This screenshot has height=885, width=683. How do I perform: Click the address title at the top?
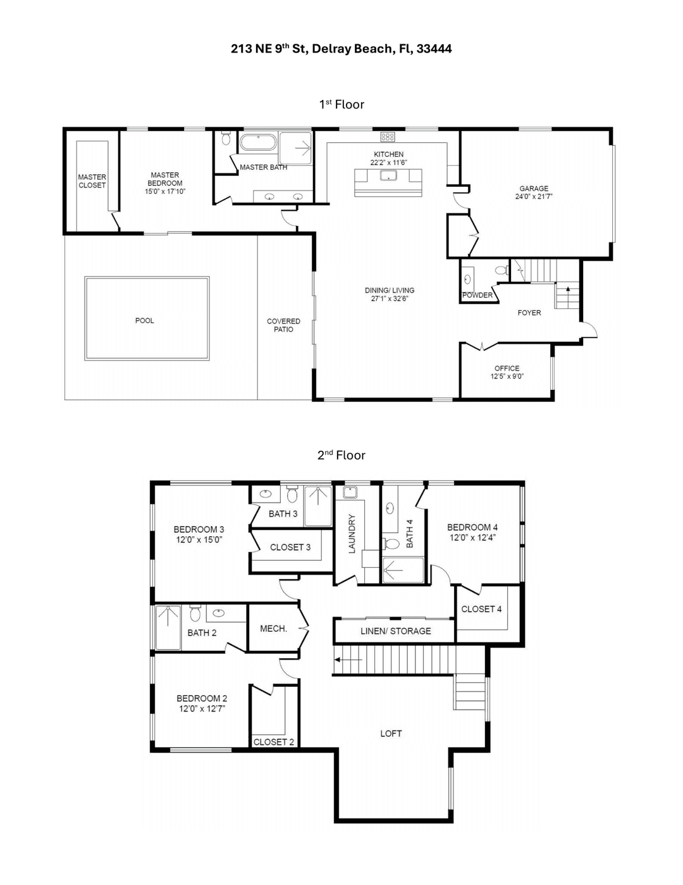pyautogui.click(x=341, y=49)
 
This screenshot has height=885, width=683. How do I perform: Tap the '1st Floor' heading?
pyautogui.click(x=341, y=104)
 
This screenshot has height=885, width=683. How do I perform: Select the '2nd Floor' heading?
pyautogui.click(x=341, y=455)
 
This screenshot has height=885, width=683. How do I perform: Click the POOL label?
pyautogui.click(x=144, y=320)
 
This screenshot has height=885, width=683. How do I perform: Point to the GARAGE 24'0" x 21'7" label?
pyautogui.click(x=534, y=192)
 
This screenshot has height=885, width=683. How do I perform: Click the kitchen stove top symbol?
pyautogui.click(x=388, y=137)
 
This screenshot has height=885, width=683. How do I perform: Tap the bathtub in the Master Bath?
pyautogui.click(x=258, y=142)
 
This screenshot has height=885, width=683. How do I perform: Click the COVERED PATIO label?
pyautogui.click(x=283, y=325)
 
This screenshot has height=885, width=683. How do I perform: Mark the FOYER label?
pyautogui.click(x=529, y=313)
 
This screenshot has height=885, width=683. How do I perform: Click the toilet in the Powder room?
pyautogui.click(x=501, y=270)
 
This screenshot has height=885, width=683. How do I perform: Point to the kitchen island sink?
pyautogui.click(x=388, y=175)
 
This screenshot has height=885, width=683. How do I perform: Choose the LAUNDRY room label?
pyautogui.click(x=352, y=534)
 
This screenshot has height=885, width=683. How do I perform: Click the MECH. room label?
pyautogui.click(x=273, y=629)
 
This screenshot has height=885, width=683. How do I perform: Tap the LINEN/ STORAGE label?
pyautogui.click(x=395, y=631)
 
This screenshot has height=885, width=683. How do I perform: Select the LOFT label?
pyautogui.click(x=391, y=733)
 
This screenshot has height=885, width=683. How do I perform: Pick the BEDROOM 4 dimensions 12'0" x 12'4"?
pyautogui.click(x=472, y=537)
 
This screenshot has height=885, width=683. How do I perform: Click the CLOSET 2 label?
pyautogui.click(x=273, y=742)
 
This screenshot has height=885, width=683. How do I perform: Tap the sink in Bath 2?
pyautogui.click(x=219, y=612)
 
